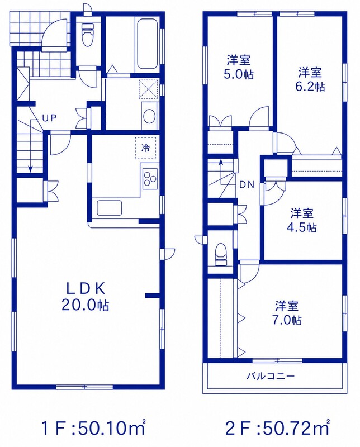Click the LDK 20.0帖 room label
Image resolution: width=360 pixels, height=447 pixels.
coord(85,297)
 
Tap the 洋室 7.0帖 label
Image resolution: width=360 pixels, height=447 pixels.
coord(287,313)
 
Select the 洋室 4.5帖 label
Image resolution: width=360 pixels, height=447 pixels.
coord(302,220)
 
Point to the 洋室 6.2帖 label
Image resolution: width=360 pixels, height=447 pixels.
coord(310,79)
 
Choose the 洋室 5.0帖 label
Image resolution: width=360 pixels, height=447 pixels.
coord(239,67)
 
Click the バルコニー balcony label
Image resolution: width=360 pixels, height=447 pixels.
coord(270,376)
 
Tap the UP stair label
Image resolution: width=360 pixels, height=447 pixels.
coord(50,118)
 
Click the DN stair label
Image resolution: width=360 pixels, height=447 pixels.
coord(247,185)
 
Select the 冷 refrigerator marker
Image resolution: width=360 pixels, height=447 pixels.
coord(145,148)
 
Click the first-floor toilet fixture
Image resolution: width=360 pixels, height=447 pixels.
coord(88,34)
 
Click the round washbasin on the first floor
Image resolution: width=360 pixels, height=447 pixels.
coord(149,117)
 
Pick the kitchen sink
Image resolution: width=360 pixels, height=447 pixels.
coord(110,208)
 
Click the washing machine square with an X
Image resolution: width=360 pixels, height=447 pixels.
coord(148,89)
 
